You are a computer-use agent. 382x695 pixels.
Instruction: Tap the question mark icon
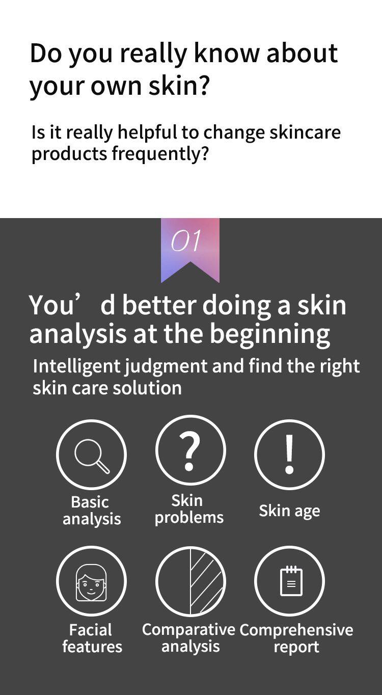click(x=190, y=450)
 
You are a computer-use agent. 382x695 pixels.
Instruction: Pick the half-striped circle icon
click(x=190, y=581)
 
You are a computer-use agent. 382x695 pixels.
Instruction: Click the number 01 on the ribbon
click(x=186, y=241)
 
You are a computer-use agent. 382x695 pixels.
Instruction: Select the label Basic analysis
click(x=91, y=511)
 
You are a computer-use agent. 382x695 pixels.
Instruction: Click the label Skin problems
click(x=189, y=509)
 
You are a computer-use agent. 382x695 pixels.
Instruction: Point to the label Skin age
click(x=289, y=511)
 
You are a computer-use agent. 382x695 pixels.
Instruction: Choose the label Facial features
click(x=92, y=638)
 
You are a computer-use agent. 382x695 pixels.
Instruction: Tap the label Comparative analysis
click(x=189, y=638)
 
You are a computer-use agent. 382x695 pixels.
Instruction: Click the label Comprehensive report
click(x=296, y=638)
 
